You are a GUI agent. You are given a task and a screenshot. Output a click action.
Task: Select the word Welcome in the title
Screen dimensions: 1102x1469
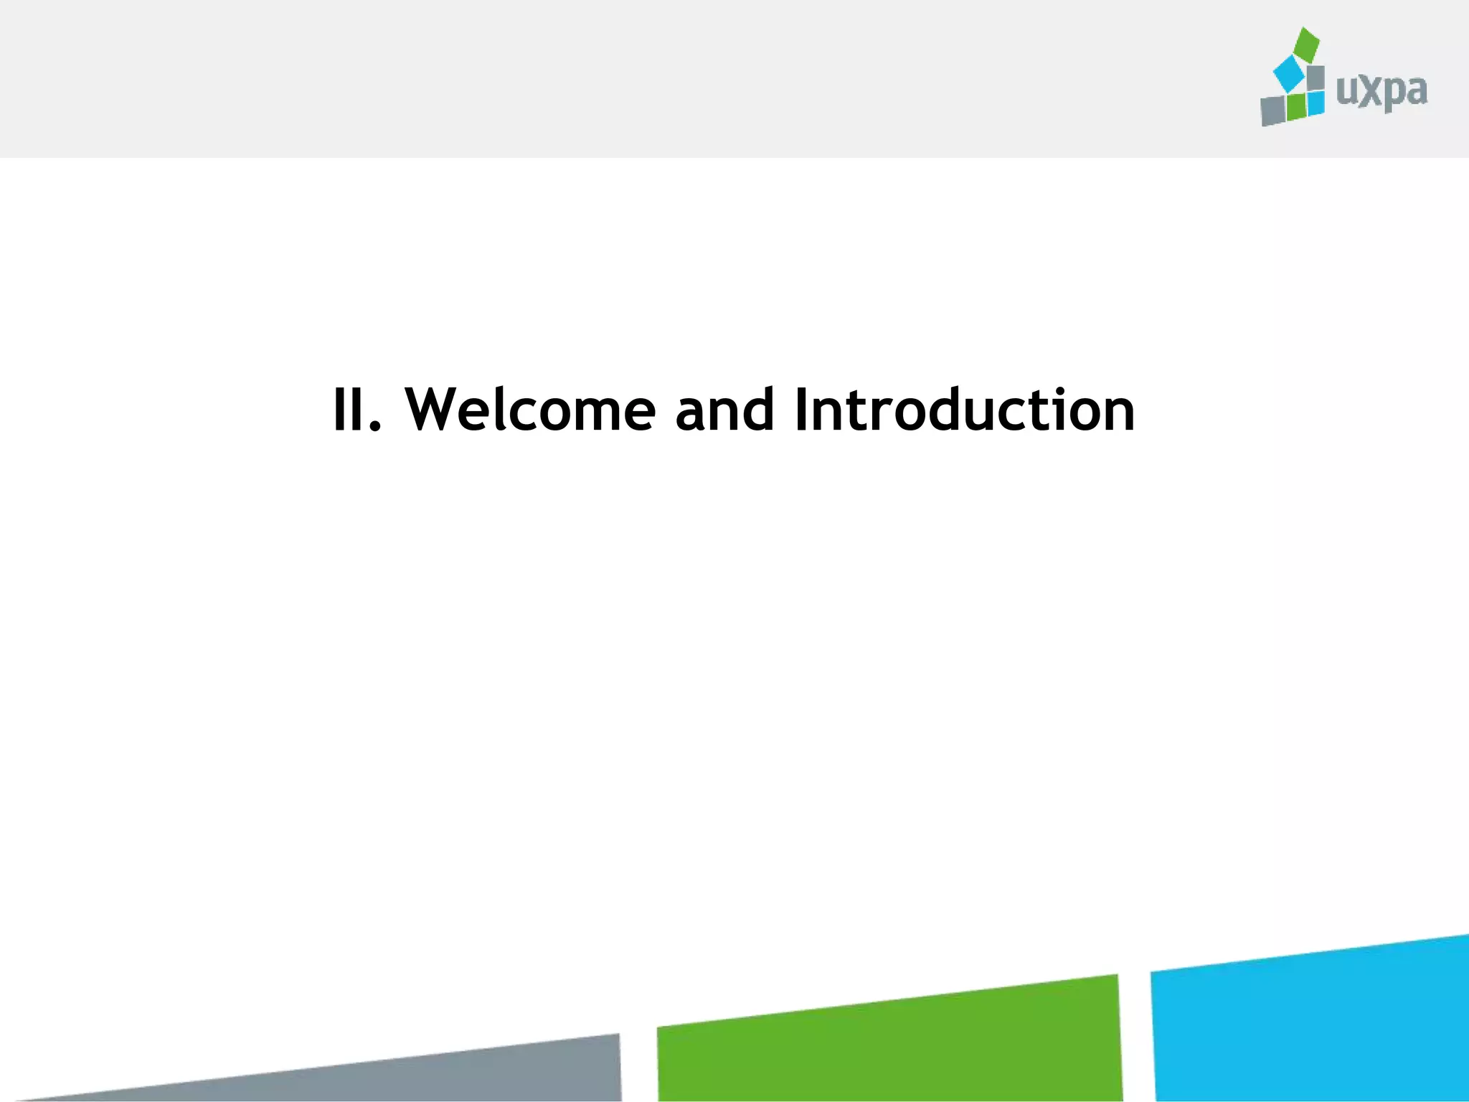coord(530,410)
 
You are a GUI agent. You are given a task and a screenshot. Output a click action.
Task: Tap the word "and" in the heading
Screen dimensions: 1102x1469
coord(724,410)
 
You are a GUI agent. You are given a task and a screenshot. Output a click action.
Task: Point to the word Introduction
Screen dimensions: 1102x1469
coord(965,410)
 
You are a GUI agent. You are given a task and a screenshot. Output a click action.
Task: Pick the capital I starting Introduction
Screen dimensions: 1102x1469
coord(803,410)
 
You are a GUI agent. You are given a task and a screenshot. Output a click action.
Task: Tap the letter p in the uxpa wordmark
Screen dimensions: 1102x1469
coord(1394,95)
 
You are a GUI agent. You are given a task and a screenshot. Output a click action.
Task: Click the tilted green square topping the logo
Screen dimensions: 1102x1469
coord(1306,44)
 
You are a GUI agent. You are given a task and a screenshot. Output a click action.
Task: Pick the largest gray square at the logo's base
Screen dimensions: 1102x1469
coord(1273,110)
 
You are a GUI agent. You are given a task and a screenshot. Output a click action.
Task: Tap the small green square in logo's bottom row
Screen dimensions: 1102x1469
coord(1295,107)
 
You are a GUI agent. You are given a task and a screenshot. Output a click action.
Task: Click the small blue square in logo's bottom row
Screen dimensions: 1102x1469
coord(1315,103)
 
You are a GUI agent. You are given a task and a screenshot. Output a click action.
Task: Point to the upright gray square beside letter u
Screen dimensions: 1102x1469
coord(1315,78)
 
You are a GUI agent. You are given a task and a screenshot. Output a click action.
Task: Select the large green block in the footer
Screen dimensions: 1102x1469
coord(889,1044)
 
